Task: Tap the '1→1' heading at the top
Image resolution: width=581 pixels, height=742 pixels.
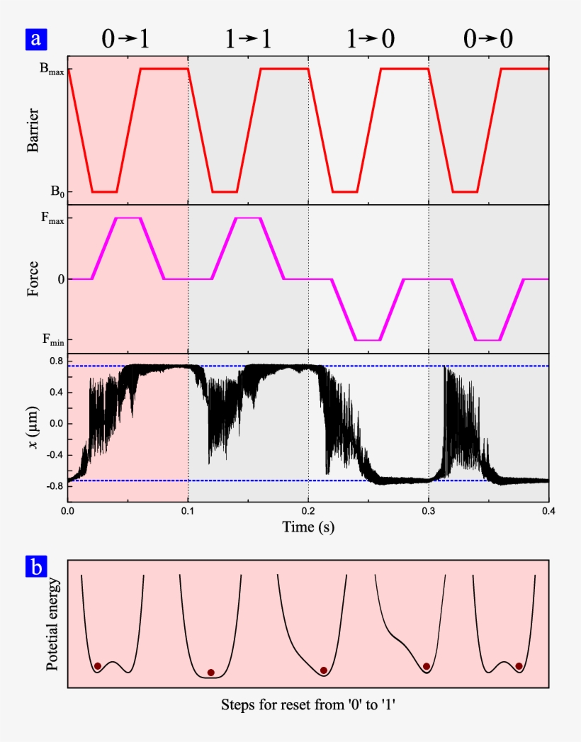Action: pos(248,40)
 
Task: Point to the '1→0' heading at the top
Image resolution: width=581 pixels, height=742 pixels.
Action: pos(368,40)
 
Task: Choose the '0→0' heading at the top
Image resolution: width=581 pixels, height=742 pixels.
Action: pos(489,40)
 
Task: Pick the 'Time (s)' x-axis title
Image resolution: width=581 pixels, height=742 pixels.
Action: pos(308,527)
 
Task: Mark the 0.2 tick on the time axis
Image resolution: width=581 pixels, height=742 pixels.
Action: pos(308,510)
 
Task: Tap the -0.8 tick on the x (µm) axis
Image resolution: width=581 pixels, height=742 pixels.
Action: pos(53,486)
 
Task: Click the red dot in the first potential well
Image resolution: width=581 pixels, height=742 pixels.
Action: pos(98,666)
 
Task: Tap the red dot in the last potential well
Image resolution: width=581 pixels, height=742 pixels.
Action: pos(519,666)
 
